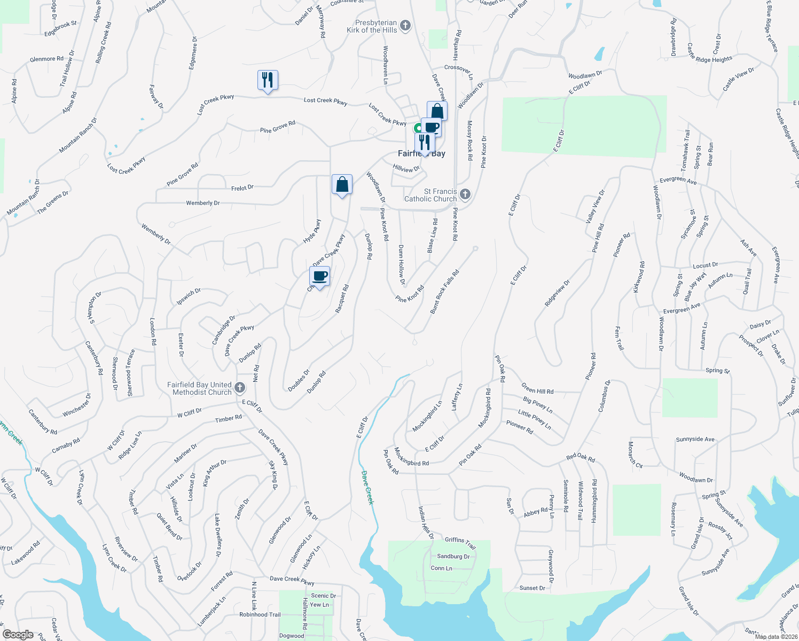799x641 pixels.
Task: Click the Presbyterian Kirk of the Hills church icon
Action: pos(405,26)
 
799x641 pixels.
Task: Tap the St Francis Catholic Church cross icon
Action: pos(465,194)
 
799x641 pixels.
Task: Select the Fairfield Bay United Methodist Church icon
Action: pos(240,388)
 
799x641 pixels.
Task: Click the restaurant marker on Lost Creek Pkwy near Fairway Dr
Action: pos(268,81)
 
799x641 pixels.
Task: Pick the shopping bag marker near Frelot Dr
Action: pos(342,185)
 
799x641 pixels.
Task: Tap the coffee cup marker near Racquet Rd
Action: pos(319,277)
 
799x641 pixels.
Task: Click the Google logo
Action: pos(18,635)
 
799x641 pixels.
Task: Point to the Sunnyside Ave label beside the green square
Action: pos(695,440)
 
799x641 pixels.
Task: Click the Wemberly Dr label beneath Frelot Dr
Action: pos(203,203)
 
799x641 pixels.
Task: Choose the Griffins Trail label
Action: pos(460,543)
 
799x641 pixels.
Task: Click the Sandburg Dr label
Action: pos(453,557)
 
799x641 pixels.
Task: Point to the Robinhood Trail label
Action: pos(260,615)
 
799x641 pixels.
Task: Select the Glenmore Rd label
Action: pos(46,59)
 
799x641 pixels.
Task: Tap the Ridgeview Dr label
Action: pos(557,293)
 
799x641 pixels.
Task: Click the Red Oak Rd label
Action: pos(581,458)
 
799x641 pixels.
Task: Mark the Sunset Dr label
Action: pos(532,588)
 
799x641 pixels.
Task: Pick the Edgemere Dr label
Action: pos(193,53)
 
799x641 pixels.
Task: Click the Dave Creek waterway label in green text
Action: pos(367,487)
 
